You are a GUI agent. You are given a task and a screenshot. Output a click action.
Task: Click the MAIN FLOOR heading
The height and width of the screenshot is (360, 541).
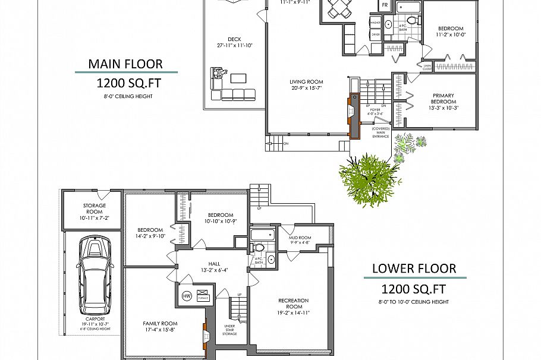[125, 64]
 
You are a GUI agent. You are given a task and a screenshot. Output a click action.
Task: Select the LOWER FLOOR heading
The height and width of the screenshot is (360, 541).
[414, 268]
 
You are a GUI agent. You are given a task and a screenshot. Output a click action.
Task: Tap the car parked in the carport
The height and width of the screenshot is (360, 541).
[93, 273]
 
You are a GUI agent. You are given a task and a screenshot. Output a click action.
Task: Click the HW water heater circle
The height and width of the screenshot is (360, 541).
[186, 296]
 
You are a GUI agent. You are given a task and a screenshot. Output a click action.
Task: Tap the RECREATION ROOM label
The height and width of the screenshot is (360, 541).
[293, 304]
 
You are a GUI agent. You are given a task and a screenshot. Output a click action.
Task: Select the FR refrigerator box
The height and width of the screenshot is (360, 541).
[385, 6]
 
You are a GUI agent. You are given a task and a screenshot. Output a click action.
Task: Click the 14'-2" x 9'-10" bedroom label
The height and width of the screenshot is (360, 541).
[150, 233]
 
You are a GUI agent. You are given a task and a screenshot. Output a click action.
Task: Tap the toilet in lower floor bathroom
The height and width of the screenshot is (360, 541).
[259, 247]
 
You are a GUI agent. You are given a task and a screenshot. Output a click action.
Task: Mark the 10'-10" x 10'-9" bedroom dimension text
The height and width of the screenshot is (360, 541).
[219, 221]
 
